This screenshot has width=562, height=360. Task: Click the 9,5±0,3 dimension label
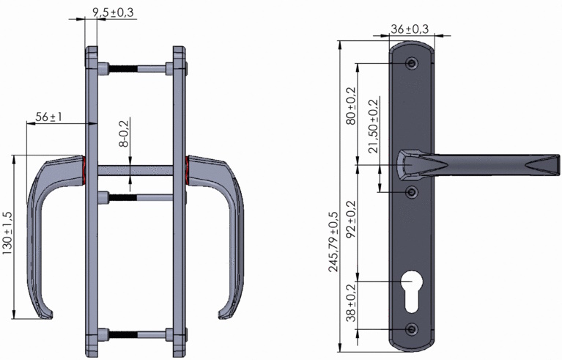click(114, 12)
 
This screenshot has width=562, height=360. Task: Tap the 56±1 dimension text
click(49, 117)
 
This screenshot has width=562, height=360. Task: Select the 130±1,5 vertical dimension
click(7, 233)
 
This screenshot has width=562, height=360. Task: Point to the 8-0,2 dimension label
click(124, 132)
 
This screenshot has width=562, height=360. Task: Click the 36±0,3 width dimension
click(410, 29)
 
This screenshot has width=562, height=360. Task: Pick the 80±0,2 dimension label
click(351, 106)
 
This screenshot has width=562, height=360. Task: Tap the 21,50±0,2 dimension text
click(374, 126)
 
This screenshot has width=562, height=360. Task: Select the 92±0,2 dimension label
click(351, 219)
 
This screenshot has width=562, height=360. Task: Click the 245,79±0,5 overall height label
click(333, 241)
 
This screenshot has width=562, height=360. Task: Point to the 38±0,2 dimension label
click(351, 302)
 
